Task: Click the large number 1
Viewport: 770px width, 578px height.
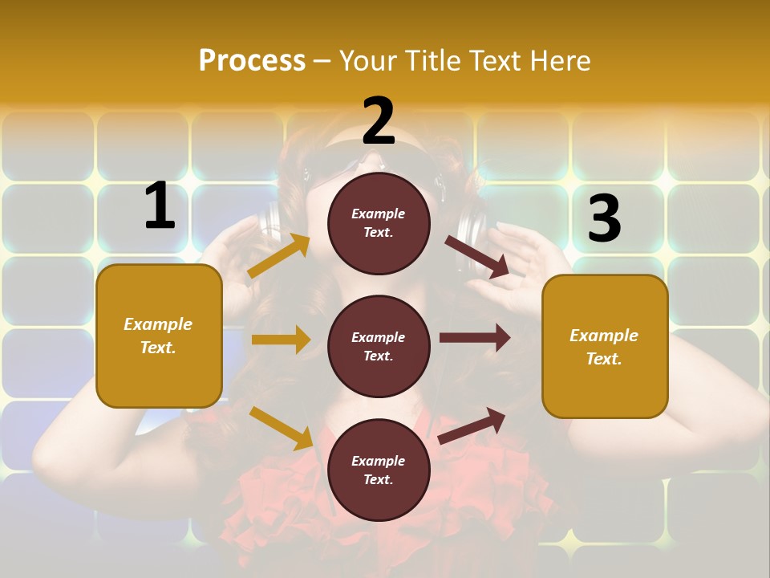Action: (x=160, y=206)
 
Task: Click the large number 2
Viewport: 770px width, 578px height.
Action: (x=379, y=121)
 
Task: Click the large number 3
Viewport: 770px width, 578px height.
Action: (x=604, y=218)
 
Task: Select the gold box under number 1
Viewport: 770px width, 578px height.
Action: (x=159, y=336)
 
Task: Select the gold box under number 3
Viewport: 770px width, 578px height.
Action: (x=605, y=347)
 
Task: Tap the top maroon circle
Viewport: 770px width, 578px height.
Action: (x=379, y=223)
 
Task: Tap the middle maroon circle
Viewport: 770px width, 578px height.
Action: (x=379, y=346)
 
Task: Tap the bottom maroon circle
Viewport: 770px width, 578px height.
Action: (x=379, y=470)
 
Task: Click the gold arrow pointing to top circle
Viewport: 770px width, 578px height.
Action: (x=279, y=256)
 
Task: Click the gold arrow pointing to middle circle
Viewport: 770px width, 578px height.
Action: (x=281, y=340)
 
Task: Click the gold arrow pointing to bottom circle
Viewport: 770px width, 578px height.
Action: (x=281, y=428)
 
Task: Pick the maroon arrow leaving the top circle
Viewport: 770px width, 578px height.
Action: (x=477, y=256)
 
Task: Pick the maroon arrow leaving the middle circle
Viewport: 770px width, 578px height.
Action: (x=475, y=338)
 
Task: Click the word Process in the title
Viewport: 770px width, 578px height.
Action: (x=252, y=60)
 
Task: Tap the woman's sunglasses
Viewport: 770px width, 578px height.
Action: (x=337, y=165)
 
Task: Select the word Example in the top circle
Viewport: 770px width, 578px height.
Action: (x=379, y=214)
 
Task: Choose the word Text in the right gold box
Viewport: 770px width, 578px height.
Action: (x=603, y=359)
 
